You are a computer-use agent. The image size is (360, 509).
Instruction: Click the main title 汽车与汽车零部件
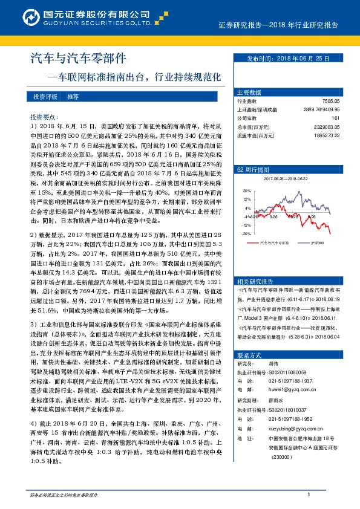pos(78,59)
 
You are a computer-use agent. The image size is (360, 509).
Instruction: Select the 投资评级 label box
pos(45,97)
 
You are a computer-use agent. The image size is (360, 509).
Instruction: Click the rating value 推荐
pos(73,97)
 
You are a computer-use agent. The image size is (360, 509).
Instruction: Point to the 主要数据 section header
pos(248,92)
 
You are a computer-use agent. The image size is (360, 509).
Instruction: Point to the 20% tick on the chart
pos(246,190)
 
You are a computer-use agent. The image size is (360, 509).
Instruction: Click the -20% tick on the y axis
pos(246,233)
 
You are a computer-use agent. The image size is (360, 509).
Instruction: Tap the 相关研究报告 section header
pos(255,280)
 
